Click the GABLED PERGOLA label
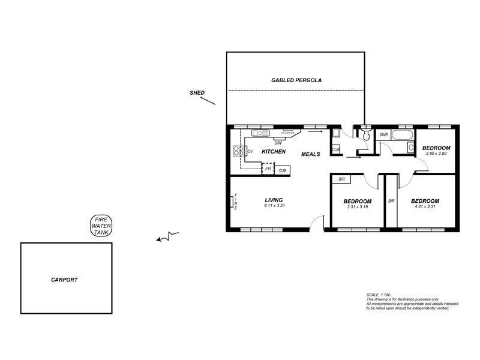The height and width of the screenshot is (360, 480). tap(296, 80)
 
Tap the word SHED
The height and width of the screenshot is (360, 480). tap(197, 93)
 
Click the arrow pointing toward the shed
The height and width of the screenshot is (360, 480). tap(208, 101)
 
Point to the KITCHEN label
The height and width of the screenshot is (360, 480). tap(273, 152)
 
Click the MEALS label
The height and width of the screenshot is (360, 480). tap(310, 154)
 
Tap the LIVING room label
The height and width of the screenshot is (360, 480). tap(274, 200)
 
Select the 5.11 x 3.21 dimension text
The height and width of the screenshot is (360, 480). tap(274, 206)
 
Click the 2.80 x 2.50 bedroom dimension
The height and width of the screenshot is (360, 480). tap(436, 154)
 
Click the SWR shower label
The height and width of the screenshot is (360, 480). tap(383, 135)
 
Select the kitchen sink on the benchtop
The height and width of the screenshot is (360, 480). tap(260, 133)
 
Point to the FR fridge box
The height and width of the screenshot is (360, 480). tap(268, 169)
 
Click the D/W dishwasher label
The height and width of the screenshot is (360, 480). tap(278, 143)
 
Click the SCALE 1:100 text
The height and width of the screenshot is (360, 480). tap(378, 295)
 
